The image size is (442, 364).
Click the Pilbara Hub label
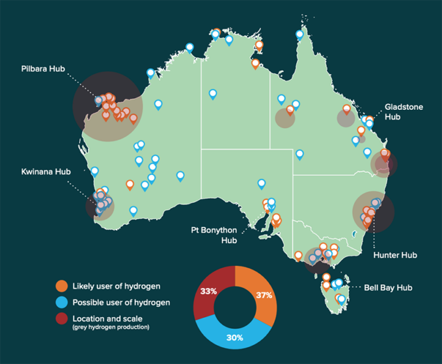43,69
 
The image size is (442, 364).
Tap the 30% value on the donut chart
235,337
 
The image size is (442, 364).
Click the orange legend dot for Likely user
62,286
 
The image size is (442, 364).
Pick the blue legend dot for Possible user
62,302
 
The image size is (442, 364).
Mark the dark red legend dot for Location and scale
62,318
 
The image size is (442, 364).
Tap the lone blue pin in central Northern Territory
213,95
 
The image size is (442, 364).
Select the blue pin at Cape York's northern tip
300,35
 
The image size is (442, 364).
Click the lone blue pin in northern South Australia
262,184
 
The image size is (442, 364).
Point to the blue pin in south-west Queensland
299,155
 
